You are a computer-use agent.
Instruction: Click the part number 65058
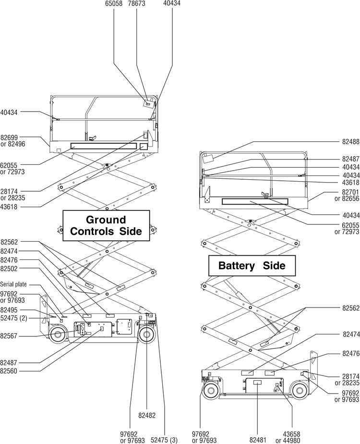pyautogui.click(x=113, y=3)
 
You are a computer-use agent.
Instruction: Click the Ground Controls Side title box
pyautogui.click(x=106, y=225)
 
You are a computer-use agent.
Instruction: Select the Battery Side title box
pyautogui.click(x=252, y=266)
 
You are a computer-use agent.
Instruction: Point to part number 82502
pyautogui.click(x=9, y=269)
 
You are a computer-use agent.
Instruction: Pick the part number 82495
pyautogui.click(x=9, y=310)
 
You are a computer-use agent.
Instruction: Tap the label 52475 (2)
pyautogui.click(x=13, y=317)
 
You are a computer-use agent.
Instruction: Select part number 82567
pyautogui.click(x=9, y=336)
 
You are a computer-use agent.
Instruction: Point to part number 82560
pyautogui.click(x=9, y=370)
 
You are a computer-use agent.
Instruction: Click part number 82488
pyautogui.click(x=350, y=142)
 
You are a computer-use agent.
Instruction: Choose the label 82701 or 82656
pyautogui.click(x=347, y=195)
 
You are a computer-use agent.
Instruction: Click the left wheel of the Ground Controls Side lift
pyautogui.click(x=57, y=334)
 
